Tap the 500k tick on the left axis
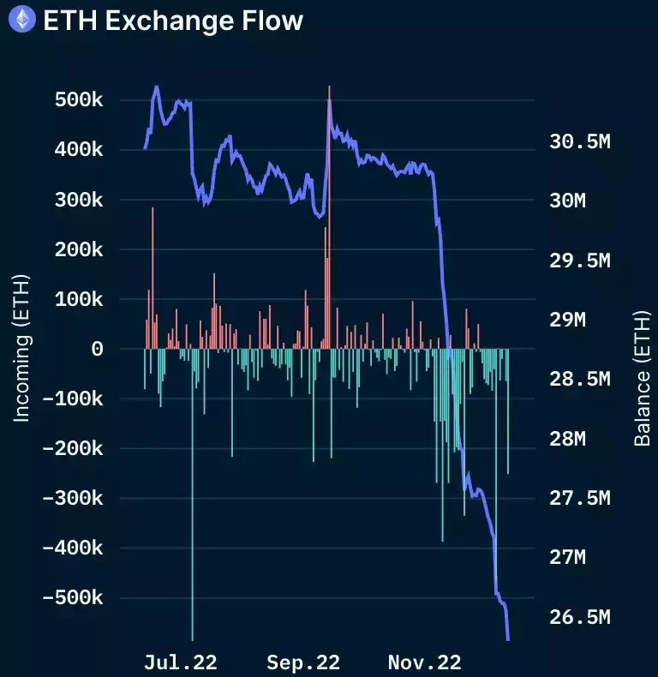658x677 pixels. [73, 100]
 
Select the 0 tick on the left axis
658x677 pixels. [97, 349]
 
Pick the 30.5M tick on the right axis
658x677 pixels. [580, 141]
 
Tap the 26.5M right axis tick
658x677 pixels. [580, 617]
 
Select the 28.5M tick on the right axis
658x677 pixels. [580, 379]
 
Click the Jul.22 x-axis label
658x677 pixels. [181, 662]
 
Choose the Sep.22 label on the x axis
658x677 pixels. [303, 662]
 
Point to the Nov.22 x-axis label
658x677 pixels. [425, 662]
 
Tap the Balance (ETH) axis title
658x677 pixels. [642, 378]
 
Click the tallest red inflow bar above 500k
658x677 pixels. [329, 214]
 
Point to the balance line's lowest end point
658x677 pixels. [508, 638]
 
